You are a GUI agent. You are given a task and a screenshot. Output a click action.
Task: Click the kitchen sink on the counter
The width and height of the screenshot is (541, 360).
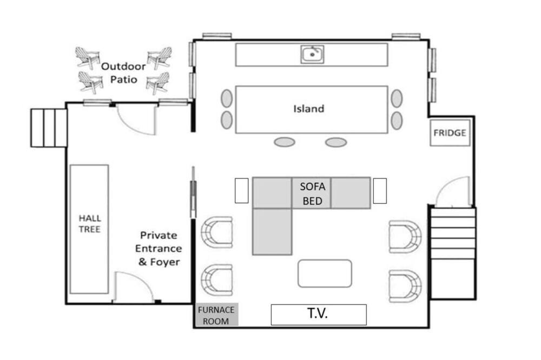point(312,54)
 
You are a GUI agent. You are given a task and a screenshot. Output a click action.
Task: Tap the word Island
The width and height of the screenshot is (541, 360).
point(309,109)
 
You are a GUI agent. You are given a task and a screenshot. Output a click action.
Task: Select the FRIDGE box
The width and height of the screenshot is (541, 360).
point(450,133)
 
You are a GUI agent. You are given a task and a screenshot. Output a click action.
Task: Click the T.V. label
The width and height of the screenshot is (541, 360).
point(318,314)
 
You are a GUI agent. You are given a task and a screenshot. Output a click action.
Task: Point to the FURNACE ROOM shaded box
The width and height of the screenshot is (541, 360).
point(216,315)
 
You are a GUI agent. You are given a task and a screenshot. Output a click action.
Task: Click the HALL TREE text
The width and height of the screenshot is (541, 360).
point(90,223)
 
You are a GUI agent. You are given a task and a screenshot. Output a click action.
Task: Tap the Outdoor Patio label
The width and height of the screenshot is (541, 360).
point(123,73)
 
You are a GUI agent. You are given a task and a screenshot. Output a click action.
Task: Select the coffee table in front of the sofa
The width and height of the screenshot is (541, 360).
point(325,274)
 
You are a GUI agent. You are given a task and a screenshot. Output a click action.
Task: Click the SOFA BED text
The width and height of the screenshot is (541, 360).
point(313,194)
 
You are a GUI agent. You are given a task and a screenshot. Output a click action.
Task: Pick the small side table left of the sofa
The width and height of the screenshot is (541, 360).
point(241,191)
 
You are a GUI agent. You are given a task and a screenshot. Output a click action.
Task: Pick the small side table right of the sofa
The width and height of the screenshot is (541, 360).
point(380,191)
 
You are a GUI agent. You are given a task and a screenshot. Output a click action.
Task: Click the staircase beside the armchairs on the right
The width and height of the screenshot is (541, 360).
point(453,253)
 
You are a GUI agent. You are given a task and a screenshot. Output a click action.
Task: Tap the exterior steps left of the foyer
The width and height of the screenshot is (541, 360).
point(49,128)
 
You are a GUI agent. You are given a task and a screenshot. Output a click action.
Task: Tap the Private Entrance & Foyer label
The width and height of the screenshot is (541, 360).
point(159,249)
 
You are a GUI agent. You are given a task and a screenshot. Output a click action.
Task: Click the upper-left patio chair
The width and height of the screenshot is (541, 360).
point(87,58)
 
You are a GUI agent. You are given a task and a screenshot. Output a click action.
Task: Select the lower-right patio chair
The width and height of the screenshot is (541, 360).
point(158,83)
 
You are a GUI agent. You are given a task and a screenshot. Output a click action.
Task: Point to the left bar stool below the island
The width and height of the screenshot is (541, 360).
point(285,142)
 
